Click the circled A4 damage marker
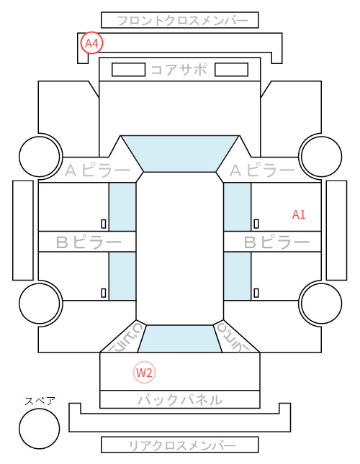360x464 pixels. click(x=91, y=43)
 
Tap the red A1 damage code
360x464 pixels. click(x=298, y=214)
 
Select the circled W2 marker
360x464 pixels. click(x=144, y=372)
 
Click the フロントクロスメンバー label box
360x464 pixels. click(x=180, y=20)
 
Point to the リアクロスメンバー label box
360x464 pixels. click(x=180, y=445)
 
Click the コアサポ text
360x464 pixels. click(x=179, y=70)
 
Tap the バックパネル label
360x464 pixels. click(x=180, y=400)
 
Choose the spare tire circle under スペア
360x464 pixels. click(x=40, y=429)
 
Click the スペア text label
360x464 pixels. click(x=40, y=401)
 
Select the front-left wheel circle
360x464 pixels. click(x=40, y=156)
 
